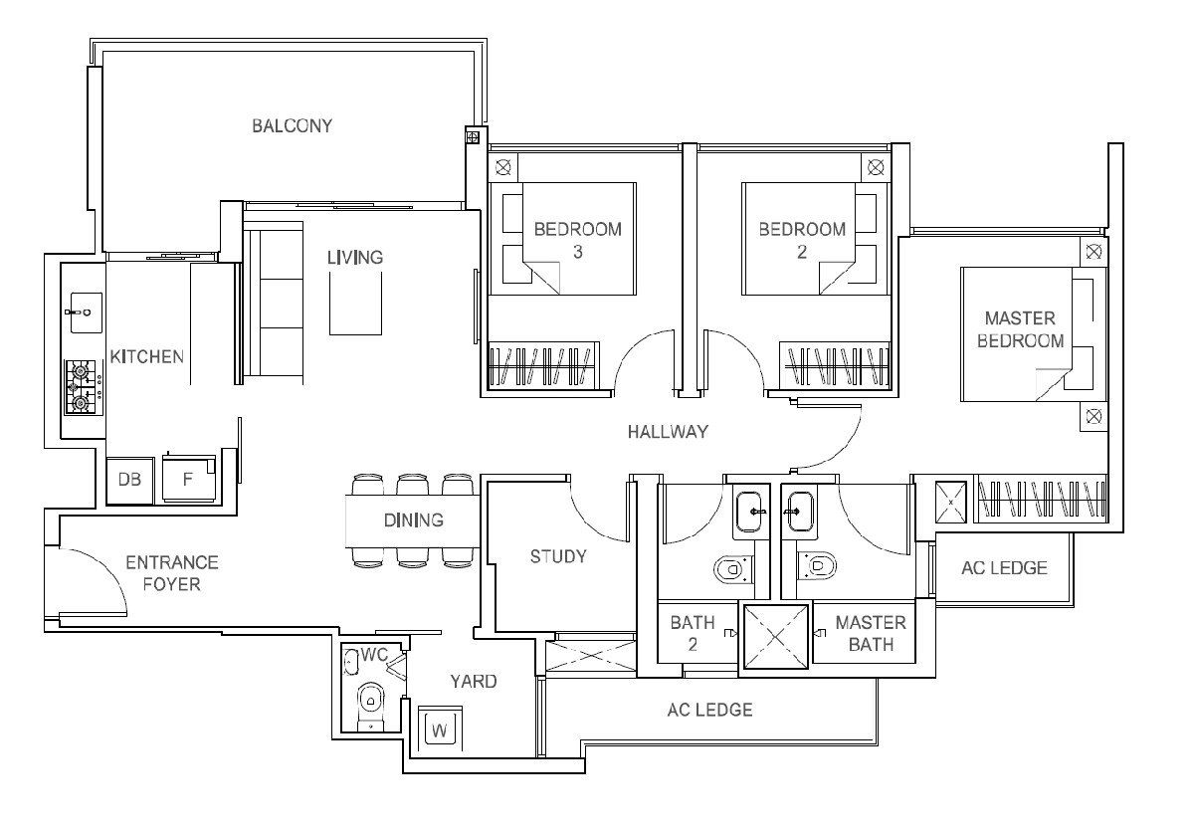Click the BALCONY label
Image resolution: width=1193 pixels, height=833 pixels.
click(x=293, y=125)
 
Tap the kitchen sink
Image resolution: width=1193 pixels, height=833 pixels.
click(x=86, y=312)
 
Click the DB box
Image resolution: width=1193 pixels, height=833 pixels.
click(x=129, y=480)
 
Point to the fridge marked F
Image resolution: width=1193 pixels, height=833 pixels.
click(x=189, y=479)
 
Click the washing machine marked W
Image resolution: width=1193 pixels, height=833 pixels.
click(x=440, y=729)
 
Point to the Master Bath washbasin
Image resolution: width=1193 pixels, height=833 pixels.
click(x=798, y=511)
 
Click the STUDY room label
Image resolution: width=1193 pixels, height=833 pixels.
click(x=558, y=557)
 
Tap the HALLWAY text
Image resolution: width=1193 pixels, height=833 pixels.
click(x=668, y=432)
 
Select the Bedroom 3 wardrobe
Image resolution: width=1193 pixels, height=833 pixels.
click(x=542, y=366)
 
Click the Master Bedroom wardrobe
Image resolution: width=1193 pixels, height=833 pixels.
click(x=1041, y=499)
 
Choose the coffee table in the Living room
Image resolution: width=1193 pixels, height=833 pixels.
click(x=355, y=304)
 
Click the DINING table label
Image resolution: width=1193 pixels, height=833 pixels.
click(x=413, y=521)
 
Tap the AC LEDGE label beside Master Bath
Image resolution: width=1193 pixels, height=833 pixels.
click(x=1004, y=568)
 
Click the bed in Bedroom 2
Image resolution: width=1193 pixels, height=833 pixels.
click(x=816, y=239)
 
